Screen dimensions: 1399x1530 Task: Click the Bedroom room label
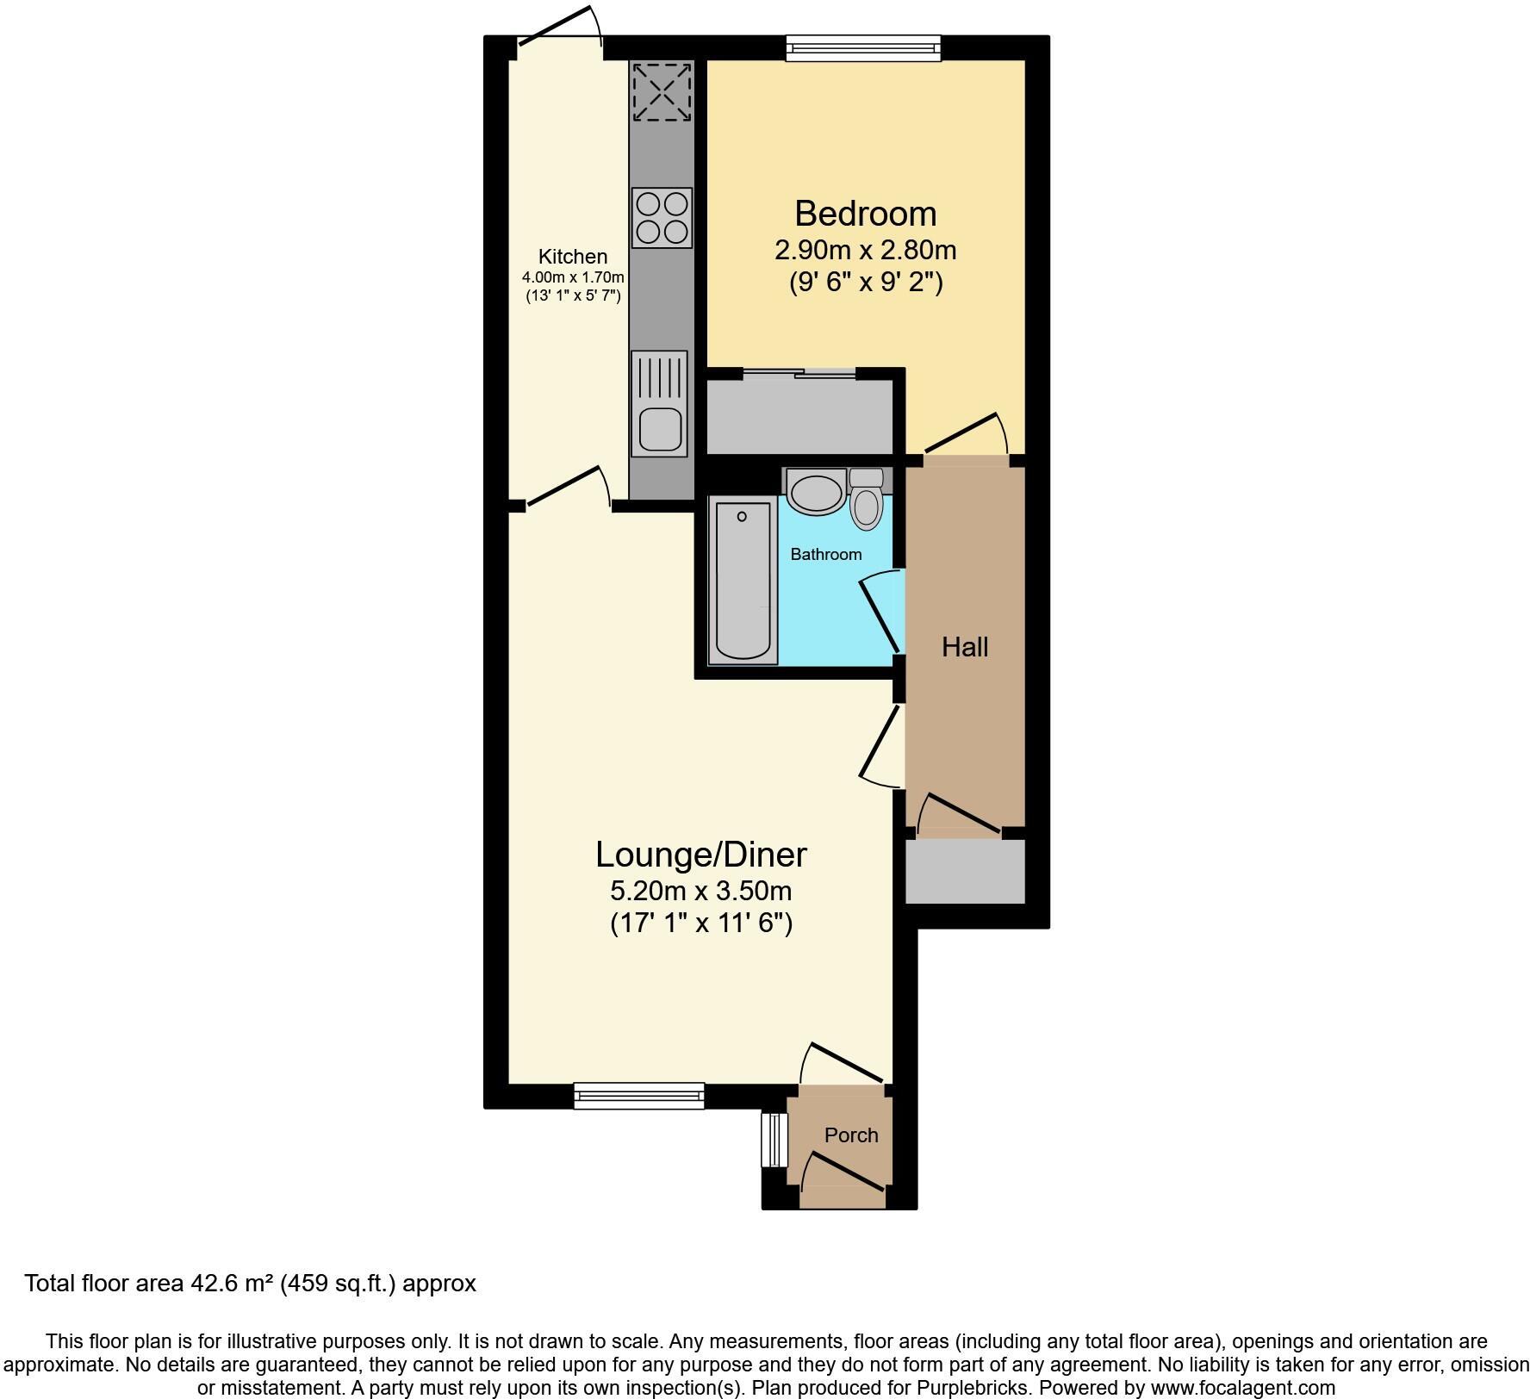865,214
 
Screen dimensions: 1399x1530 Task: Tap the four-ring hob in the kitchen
662,218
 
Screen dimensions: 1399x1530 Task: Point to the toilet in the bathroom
867,504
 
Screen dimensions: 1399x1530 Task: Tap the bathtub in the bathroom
742,583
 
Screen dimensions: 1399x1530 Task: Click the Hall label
964,647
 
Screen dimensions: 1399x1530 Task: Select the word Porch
851,1135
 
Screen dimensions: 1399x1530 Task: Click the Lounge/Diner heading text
700,855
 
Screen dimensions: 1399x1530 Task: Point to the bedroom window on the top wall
863,48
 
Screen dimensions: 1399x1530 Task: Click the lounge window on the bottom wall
638,1095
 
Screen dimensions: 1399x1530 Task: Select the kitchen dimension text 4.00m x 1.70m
573,277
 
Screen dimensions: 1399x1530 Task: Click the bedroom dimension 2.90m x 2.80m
865,250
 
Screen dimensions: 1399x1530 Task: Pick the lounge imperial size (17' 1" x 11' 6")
700,923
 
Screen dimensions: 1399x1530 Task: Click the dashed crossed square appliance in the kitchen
662,92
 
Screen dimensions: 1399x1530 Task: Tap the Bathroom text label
825,554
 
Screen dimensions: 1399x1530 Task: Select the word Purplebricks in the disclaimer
982,1388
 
